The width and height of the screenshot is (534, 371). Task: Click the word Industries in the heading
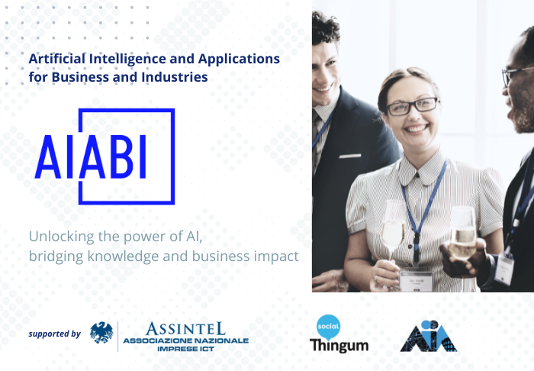coord(178,76)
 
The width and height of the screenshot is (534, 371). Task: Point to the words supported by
coord(54,334)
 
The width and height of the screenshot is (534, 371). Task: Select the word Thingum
coord(339,344)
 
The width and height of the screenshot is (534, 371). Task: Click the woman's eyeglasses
coord(412,106)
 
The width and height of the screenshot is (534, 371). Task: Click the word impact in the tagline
coord(275,256)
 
